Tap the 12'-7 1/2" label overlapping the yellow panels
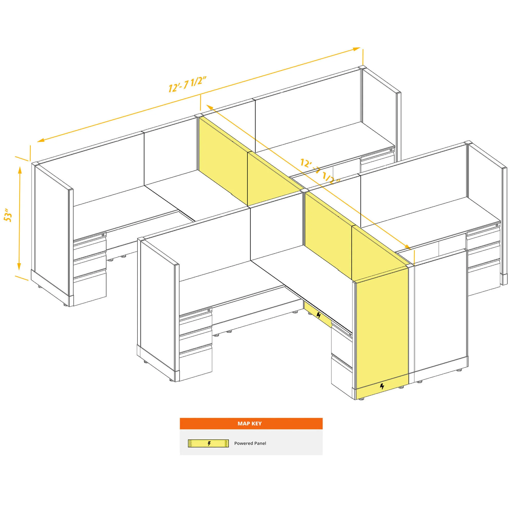click(320, 171)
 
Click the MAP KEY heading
click(250, 423)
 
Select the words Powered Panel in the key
click(250, 443)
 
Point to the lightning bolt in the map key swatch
click(209, 443)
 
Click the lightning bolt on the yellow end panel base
click(382, 386)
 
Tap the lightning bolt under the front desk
click(319, 316)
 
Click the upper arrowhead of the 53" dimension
click(20, 170)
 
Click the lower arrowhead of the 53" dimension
click(19, 266)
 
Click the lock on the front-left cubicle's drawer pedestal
click(209, 310)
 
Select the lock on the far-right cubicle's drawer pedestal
click(497, 225)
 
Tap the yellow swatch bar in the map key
click(208, 443)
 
